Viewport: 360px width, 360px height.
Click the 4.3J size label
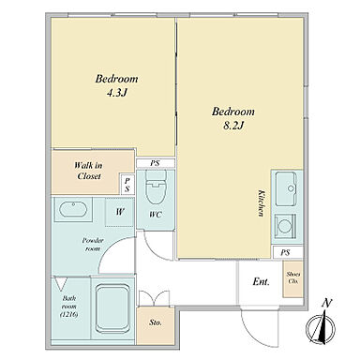point(116,93)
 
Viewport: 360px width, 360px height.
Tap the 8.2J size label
point(233,126)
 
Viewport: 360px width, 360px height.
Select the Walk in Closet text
point(89,171)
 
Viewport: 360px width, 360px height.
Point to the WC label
point(156,215)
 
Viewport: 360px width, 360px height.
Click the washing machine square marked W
point(120,212)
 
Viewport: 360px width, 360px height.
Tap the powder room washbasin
point(73,209)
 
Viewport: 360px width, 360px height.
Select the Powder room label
point(93,245)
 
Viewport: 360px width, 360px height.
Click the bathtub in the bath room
point(112,307)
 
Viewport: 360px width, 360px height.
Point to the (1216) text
point(68,314)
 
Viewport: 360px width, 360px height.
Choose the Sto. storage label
point(156,322)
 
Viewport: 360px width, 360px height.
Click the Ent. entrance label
point(261,282)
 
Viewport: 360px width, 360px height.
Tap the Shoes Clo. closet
point(293,278)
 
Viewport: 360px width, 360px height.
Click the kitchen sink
point(286,189)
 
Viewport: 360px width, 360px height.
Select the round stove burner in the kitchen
point(284,226)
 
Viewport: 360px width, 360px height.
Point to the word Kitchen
point(261,203)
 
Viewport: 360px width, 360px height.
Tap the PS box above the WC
point(156,163)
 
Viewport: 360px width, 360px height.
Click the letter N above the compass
point(327,303)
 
